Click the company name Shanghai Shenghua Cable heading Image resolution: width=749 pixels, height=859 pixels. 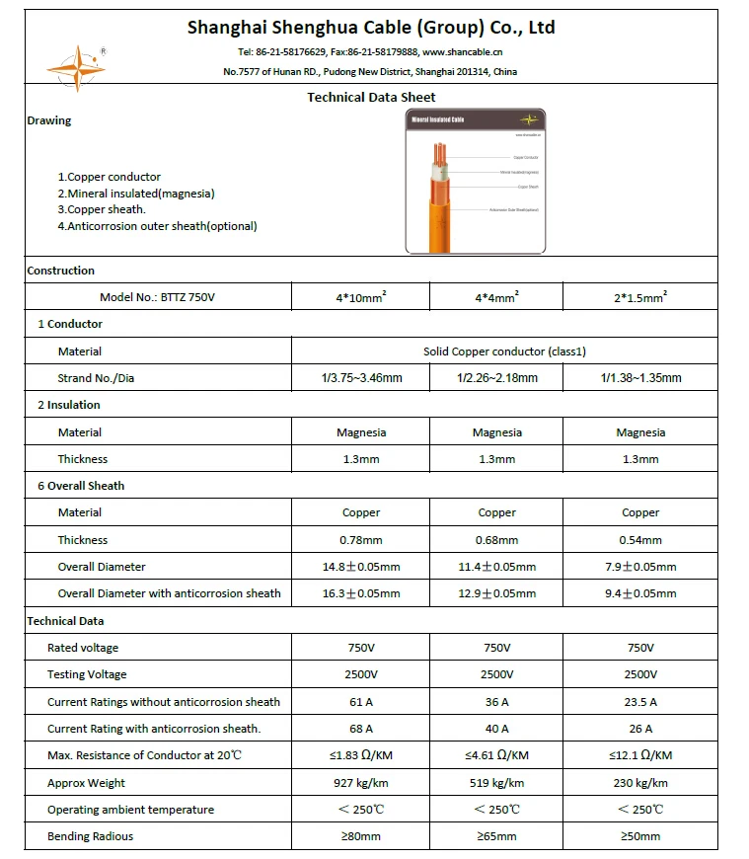[371, 28]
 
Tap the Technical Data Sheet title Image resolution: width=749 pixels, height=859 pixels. [371, 97]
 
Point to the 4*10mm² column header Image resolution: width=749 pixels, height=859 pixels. [360, 297]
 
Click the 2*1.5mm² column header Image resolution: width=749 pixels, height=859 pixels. [640, 297]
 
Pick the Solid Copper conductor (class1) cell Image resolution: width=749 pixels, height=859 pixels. [504, 351]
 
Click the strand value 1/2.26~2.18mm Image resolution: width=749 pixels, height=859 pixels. [497, 378]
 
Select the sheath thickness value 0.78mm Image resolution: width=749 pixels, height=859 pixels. [360, 540]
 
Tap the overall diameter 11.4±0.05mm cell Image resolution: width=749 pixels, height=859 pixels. [497, 567]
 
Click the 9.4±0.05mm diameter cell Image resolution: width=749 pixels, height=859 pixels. [640, 593]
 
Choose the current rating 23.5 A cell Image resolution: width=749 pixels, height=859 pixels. [640, 702]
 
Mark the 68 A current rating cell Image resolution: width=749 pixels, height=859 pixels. [360, 729]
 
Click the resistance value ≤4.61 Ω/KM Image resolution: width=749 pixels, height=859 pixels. [497, 755]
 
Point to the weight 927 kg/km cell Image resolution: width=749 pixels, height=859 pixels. [360, 783]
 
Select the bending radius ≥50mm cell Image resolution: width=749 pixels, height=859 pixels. [640, 836]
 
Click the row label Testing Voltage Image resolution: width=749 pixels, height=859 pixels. [87, 674]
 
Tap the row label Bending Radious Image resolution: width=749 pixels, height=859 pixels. [90, 836]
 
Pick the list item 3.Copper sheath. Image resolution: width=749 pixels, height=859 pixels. [102, 209]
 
